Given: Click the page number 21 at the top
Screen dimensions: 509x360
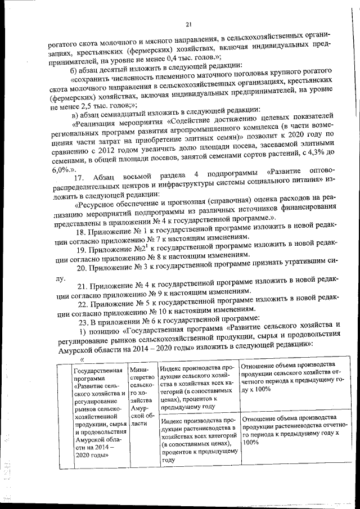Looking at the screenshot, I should pos(188,24).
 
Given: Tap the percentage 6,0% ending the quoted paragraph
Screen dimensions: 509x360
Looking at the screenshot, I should pos(61,161).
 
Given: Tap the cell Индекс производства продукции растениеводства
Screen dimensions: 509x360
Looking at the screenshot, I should pos(197,440).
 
